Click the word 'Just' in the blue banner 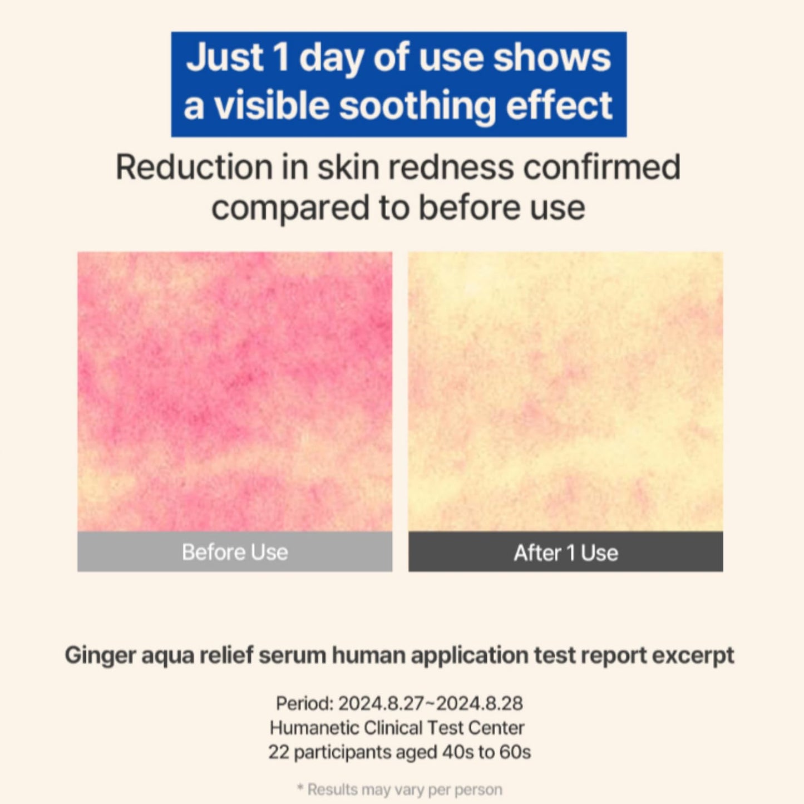[224, 58]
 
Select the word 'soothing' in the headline [417, 106]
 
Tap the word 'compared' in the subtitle [290, 208]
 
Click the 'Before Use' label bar [235, 552]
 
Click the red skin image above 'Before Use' [235, 391]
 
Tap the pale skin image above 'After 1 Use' [566, 391]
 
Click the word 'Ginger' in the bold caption [100, 655]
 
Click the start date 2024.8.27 [381, 704]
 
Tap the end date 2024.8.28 [479, 704]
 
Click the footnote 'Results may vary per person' [405, 790]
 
